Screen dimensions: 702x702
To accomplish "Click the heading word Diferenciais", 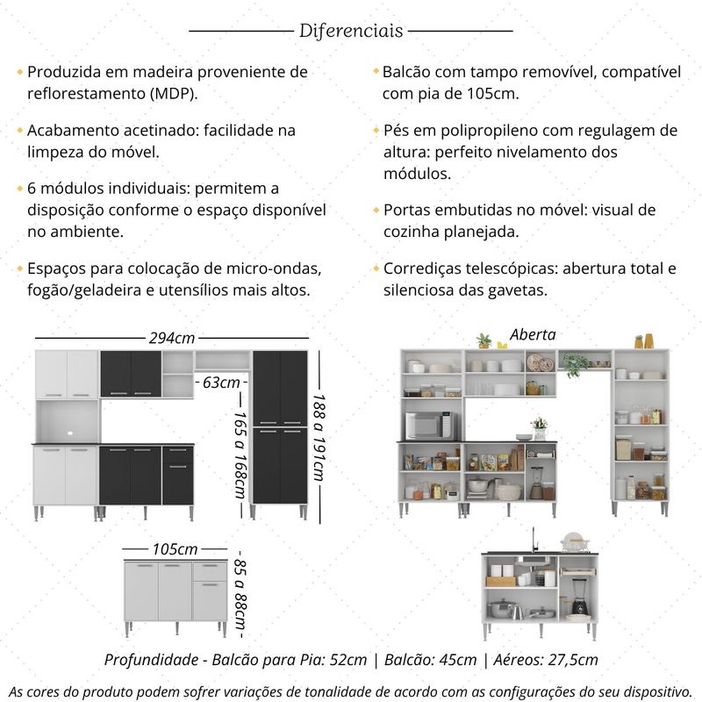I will click(x=351, y=31).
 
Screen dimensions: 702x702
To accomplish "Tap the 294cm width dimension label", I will click(x=171, y=338).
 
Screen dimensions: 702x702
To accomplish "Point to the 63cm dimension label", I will click(x=219, y=383).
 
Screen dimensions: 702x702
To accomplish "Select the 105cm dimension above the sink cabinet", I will click(x=175, y=549).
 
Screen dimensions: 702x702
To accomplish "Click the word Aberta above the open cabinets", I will click(x=533, y=334).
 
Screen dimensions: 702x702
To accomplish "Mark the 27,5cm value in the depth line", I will click(x=571, y=659).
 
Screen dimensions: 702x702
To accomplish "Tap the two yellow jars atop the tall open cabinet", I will click(x=644, y=340).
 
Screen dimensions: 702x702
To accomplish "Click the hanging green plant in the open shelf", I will click(x=575, y=365).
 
